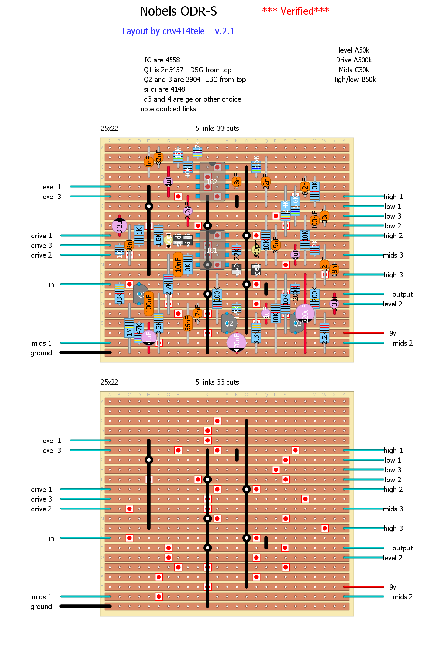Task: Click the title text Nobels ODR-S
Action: pos(178,12)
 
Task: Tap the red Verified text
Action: pos(296,11)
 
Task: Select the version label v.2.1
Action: pos(225,31)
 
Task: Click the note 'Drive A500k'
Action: pos(354,60)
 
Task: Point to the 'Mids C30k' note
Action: pos(354,70)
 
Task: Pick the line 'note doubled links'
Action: pos(168,109)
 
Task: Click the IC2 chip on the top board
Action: pos(212,182)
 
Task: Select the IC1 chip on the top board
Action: pos(212,250)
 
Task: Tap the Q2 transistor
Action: pos(229,323)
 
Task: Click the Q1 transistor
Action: pos(140,294)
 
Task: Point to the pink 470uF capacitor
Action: pos(237,342)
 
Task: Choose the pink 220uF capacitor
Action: pos(305,313)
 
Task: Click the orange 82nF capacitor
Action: pos(158,157)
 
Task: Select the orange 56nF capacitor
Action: pos(188,323)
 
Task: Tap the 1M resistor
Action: pos(129,328)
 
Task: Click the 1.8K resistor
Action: pos(158,235)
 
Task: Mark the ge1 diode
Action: pos(256,269)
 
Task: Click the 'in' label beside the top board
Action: pos(51,285)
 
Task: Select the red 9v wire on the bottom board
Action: pos(364,587)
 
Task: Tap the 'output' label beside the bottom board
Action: pos(402,548)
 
